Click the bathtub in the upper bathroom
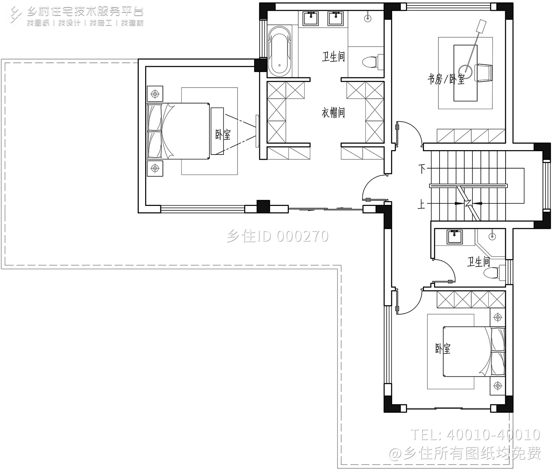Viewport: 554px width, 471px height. [279, 50]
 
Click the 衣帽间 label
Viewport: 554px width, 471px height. [333, 112]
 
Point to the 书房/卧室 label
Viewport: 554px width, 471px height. [446, 79]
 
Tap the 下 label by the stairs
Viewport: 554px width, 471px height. [422, 169]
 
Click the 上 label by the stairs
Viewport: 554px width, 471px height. [421, 205]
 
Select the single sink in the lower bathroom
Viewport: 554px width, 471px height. [455, 237]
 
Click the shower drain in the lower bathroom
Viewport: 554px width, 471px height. [492, 237]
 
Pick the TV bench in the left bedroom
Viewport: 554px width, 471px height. [217, 131]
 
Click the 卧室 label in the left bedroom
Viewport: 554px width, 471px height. [223, 134]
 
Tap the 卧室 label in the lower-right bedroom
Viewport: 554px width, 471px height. [442, 348]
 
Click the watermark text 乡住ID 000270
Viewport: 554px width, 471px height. [277, 236]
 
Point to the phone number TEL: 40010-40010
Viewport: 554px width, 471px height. [475, 435]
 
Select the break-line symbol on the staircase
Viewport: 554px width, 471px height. [468, 204]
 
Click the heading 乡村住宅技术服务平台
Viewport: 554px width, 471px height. [85, 11]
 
